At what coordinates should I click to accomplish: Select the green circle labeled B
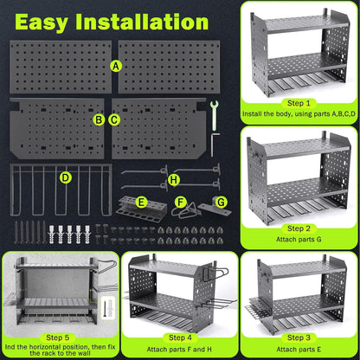[x=100, y=119]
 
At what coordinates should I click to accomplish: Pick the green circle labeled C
[x=114, y=119]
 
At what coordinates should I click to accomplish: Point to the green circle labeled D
[x=65, y=178]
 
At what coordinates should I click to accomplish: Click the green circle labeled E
[x=141, y=202]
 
